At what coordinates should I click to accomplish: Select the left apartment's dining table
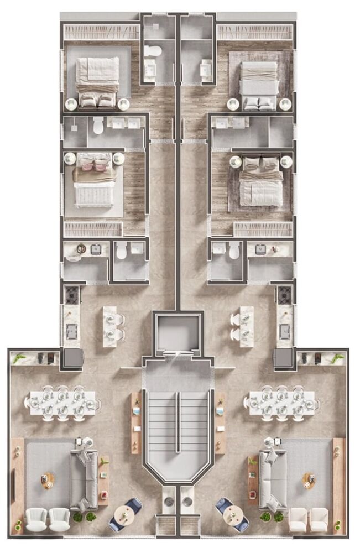(x=62, y=401)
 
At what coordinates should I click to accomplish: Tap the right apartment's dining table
(x=282, y=401)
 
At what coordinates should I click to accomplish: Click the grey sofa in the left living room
(x=83, y=479)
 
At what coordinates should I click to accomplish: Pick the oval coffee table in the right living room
(x=309, y=481)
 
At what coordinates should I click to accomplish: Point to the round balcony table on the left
(x=125, y=515)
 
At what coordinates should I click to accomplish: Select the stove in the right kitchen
(x=284, y=295)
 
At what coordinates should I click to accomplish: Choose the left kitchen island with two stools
(x=109, y=326)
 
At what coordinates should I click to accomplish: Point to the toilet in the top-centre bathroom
(x=153, y=52)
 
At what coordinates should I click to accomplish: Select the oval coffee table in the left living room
(x=48, y=481)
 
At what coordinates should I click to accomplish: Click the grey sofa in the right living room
(x=272, y=479)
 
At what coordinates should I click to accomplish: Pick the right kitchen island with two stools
(x=247, y=326)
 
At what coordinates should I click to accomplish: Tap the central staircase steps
(x=178, y=426)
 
